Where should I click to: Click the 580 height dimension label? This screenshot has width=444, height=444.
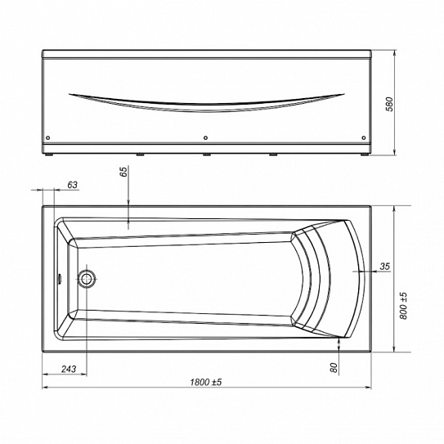(x=390, y=104)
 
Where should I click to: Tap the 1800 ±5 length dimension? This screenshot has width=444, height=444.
(x=206, y=383)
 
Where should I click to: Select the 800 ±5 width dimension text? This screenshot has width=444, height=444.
(x=403, y=306)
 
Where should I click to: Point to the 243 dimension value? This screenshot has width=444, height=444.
(x=69, y=369)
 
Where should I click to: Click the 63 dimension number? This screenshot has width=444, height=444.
(x=72, y=185)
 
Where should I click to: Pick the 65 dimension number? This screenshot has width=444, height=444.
(x=123, y=172)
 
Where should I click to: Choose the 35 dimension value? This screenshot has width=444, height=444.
(x=385, y=267)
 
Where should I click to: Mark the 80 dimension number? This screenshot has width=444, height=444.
(x=334, y=367)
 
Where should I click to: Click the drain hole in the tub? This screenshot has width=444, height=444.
(x=86, y=279)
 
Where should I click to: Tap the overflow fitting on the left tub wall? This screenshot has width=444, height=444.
(x=60, y=279)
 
